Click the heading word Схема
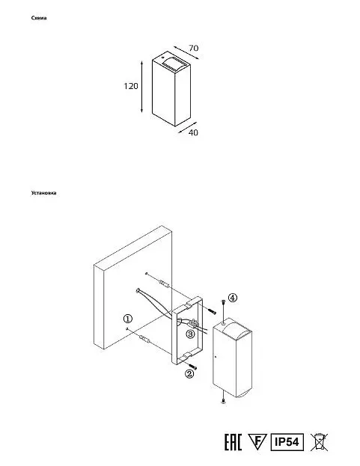[39, 18]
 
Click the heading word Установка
[43, 193]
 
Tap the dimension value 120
[131, 86]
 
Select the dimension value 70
[194, 48]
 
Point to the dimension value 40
[193, 132]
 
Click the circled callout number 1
[127, 319]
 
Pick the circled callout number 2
[189, 373]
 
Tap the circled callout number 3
[190, 334]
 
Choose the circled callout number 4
[233, 298]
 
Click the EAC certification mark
[233, 442]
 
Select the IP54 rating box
[287, 442]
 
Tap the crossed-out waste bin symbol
[319, 442]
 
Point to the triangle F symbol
[257, 441]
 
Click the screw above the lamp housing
[223, 306]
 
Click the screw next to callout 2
[192, 367]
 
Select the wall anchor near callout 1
[144, 339]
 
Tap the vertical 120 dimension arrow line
[141, 87]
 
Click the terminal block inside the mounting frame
[193, 322]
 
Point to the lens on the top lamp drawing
[174, 63]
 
